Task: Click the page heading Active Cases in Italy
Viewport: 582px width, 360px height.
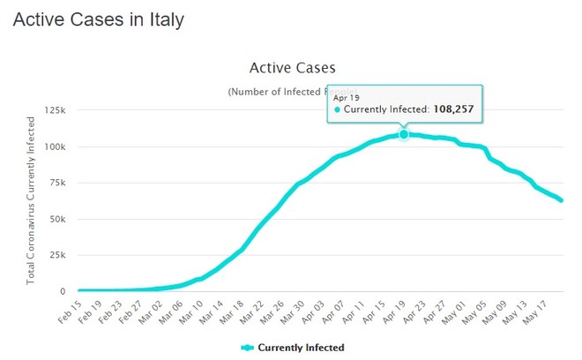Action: tap(98, 19)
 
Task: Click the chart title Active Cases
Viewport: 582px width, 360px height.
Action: tap(293, 68)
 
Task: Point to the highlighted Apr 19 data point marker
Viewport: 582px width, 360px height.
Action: tap(404, 134)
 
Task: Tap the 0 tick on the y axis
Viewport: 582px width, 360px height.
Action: tap(63, 291)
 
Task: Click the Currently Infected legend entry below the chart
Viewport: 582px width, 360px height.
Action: tap(293, 348)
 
